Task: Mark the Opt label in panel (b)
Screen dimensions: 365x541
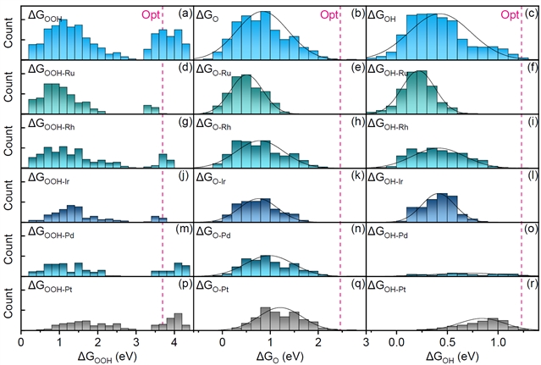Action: [x=329, y=14]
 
